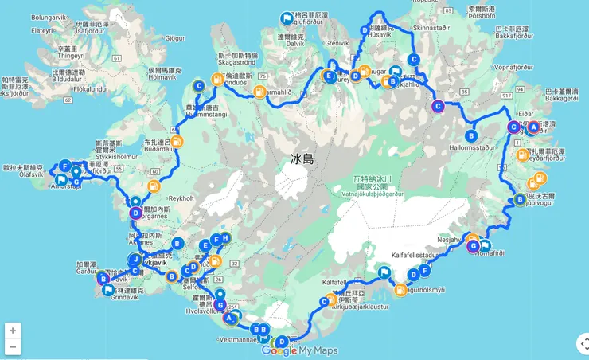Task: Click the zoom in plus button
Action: pos(12,331)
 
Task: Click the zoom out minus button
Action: pos(12,347)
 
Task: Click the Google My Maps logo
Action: pos(299,350)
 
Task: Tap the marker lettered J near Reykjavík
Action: pos(136,260)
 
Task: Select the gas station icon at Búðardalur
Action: pos(177,142)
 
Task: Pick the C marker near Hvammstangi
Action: pos(199,87)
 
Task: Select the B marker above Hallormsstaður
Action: pos(471,135)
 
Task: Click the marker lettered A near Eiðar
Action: pos(533,127)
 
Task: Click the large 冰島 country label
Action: pos(302,159)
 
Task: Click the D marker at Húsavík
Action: pos(365,30)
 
